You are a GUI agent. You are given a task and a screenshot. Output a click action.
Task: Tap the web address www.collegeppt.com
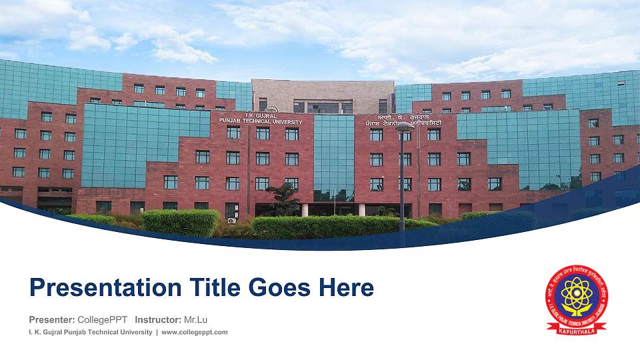[195, 332]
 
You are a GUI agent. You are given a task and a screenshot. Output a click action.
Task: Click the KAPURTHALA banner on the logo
[577, 328]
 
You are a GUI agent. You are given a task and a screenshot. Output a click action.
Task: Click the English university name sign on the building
[273, 119]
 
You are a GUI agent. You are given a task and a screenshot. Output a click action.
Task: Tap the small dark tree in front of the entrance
[283, 198]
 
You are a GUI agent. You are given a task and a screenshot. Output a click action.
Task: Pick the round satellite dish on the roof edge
[271, 110]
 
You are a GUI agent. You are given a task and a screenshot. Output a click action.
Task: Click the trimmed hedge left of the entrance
[180, 222]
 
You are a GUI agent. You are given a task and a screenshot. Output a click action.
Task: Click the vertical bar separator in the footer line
[157, 332]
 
